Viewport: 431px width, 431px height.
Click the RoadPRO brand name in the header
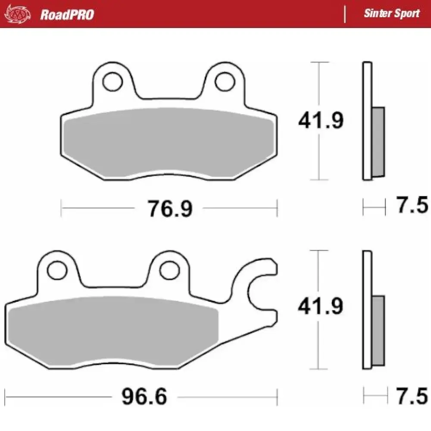[x=67, y=14]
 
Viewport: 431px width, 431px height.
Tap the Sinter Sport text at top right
[x=391, y=13]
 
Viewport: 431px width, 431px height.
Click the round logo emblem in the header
[x=17, y=14]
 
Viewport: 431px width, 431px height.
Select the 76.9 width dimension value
[x=169, y=209]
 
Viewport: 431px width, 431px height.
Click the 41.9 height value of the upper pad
[x=321, y=121]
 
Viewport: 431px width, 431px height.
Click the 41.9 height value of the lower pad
[x=321, y=306]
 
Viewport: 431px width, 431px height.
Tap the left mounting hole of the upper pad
[x=112, y=81]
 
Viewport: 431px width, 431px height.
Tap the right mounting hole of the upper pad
[x=224, y=81]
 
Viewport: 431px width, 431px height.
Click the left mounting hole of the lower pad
[x=56, y=270]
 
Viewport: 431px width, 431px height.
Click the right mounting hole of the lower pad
[x=168, y=270]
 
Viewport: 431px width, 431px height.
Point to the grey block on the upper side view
[x=378, y=142]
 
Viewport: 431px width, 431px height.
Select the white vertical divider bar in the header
[x=344, y=14]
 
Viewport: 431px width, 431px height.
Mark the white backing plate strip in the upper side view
[x=366, y=121]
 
